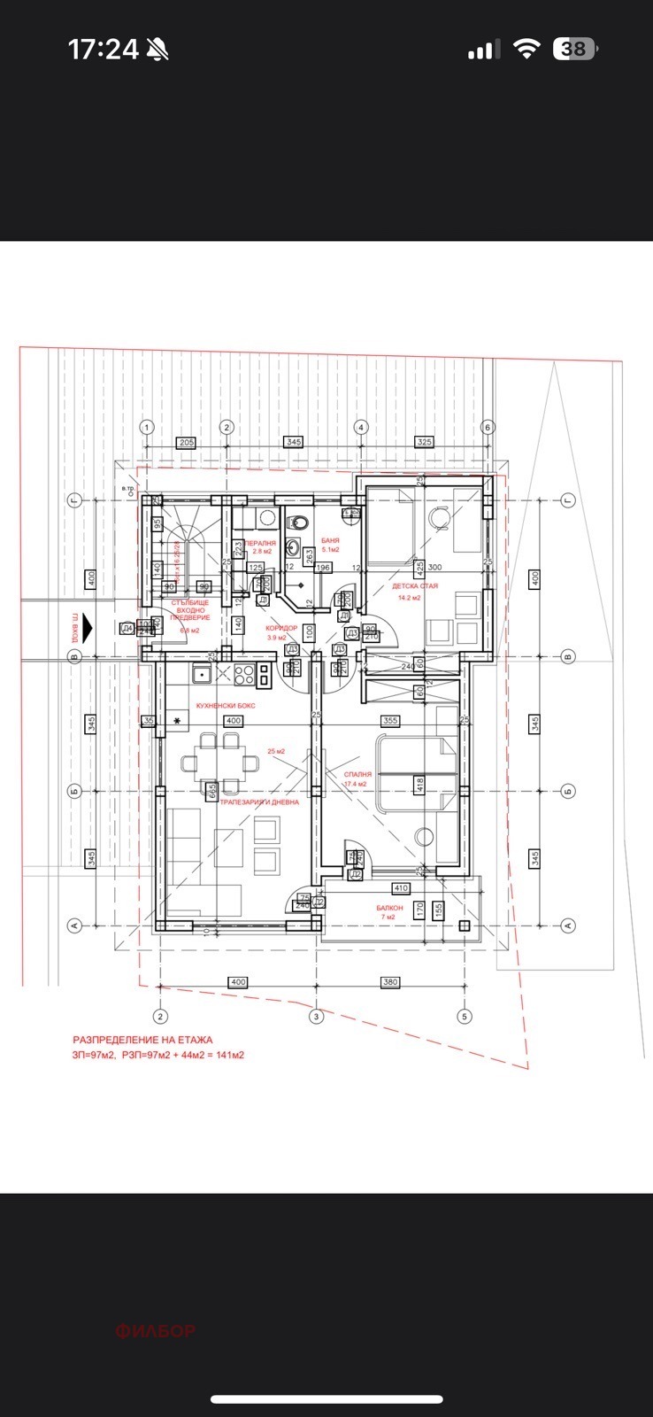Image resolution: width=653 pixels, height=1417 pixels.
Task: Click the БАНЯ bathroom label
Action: [x=330, y=540]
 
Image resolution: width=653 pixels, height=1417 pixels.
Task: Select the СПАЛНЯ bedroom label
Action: [x=357, y=774]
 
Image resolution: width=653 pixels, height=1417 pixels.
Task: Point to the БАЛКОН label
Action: [x=389, y=908]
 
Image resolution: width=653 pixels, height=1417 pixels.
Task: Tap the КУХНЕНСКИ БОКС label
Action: [x=226, y=705]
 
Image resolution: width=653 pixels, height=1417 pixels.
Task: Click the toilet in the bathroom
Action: [x=299, y=521]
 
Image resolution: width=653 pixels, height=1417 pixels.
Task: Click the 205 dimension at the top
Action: [x=186, y=442]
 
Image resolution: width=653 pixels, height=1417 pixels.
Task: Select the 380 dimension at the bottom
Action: [x=390, y=982]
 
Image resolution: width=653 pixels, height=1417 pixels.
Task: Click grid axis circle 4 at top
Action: [x=361, y=427]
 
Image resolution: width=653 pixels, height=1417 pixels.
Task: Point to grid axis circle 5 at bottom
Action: [x=462, y=1016]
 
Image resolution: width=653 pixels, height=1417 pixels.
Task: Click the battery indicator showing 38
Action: [x=573, y=50]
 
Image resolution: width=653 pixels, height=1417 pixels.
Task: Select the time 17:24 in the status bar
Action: [x=104, y=50]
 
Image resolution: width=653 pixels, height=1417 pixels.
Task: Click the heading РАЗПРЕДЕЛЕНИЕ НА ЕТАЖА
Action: [x=142, y=1041]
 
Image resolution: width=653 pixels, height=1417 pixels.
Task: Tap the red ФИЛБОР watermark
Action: [x=156, y=1330]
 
